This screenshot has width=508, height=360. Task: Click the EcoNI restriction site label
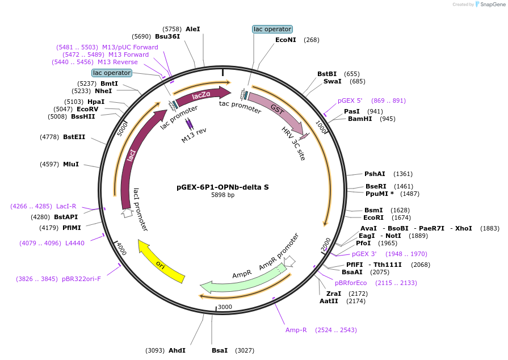point(286,40)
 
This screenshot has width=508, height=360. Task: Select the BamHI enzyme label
point(359,119)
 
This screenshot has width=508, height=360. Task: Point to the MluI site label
point(71,164)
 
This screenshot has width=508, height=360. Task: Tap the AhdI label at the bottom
point(177,350)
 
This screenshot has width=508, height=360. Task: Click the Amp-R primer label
point(296,330)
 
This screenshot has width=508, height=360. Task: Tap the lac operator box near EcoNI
point(272,29)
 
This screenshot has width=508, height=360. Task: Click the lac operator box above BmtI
point(112,73)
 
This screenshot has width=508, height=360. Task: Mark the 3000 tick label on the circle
point(225,307)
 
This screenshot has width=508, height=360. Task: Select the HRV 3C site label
point(293,144)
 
